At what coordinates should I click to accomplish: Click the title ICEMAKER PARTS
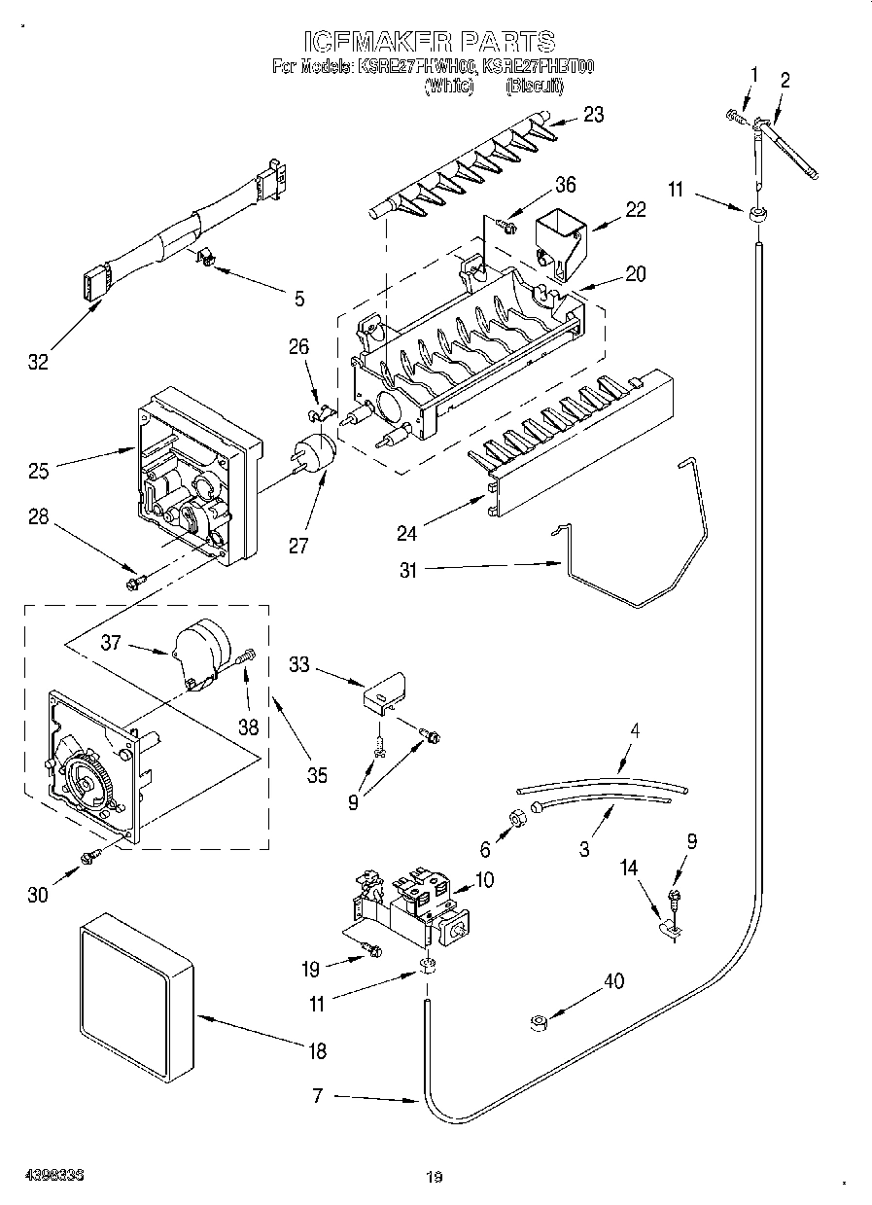[429, 41]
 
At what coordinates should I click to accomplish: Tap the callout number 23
[592, 115]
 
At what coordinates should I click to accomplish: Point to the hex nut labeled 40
[538, 1022]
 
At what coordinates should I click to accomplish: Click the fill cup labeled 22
[561, 236]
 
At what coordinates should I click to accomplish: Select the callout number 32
[37, 362]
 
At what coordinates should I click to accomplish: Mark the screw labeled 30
[91, 855]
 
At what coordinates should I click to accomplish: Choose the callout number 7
[318, 1097]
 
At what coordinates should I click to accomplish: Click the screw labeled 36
[505, 226]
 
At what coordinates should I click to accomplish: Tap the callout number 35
[316, 775]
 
